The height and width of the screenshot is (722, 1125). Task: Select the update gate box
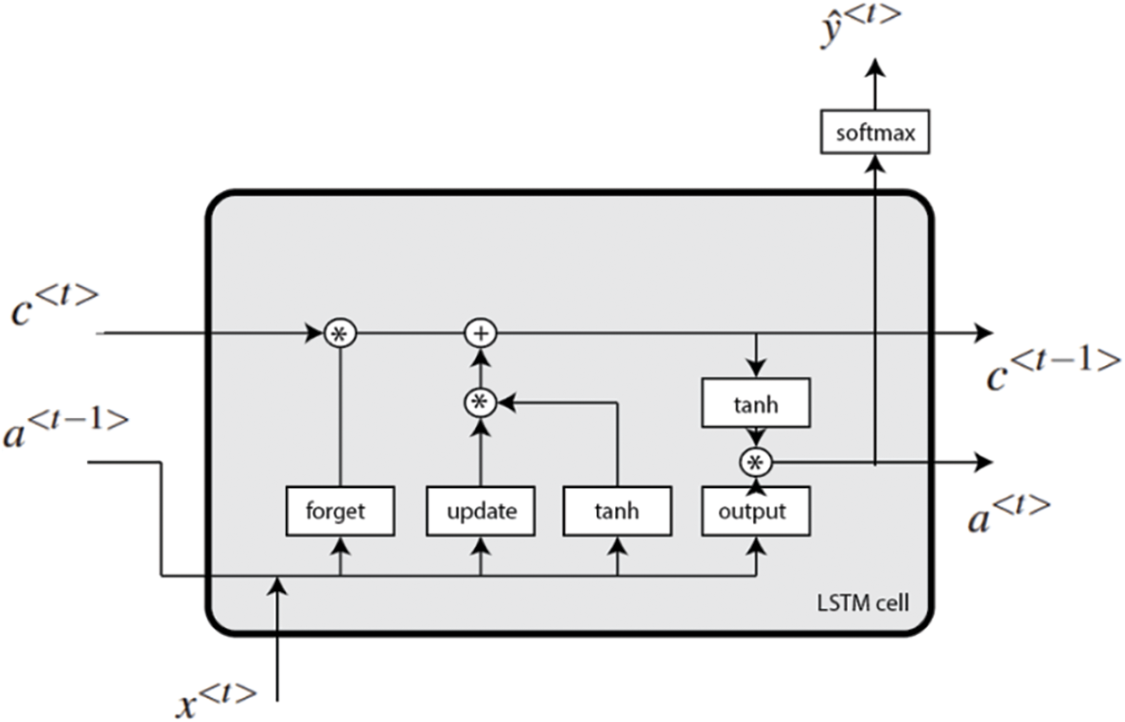click(480, 511)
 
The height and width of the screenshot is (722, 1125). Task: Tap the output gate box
click(756, 511)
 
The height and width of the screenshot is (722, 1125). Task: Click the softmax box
click(874, 132)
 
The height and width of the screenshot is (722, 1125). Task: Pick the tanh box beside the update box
click(617, 511)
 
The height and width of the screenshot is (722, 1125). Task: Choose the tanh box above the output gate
click(756, 404)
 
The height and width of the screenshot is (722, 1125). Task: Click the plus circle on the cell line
click(480, 334)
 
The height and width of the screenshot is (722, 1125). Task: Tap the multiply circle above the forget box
click(340, 334)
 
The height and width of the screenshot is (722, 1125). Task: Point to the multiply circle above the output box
click(756, 463)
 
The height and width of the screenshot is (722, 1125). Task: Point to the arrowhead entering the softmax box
click(874, 161)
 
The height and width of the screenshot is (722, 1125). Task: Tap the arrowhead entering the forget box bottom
click(340, 544)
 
